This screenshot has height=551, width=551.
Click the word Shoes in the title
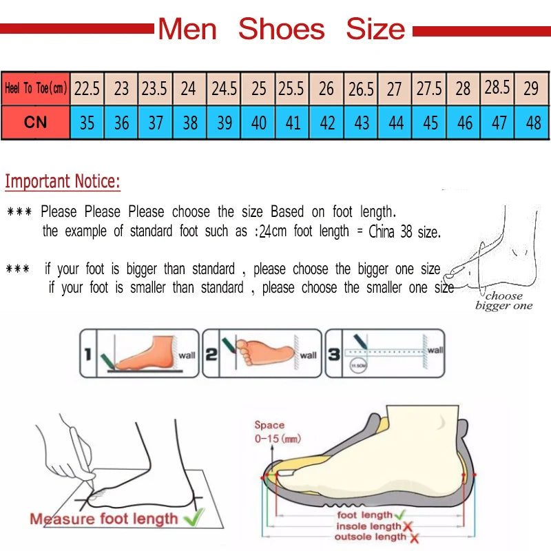click(x=281, y=30)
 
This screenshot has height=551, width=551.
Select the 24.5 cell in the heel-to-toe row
click(x=224, y=89)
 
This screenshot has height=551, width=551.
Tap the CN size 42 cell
click(x=327, y=123)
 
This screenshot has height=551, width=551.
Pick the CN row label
click(x=35, y=123)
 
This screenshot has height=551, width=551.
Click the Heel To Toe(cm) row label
click(x=35, y=89)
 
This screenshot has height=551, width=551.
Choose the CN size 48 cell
click(x=532, y=123)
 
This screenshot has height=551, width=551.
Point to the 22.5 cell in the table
click(x=87, y=89)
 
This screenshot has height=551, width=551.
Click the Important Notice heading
click(x=63, y=182)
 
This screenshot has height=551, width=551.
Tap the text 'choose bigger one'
click(x=503, y=301)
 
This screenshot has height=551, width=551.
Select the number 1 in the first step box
click(x=87, y=355)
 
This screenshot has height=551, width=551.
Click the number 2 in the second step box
click(x=211, y=355)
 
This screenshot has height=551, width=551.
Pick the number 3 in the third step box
click(x=333, y=355)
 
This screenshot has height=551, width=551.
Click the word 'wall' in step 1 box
click(x=187, y=355)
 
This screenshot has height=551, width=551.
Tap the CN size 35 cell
click(x=87, y=123)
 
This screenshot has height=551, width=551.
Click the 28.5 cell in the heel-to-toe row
click(x=497, y=87)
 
